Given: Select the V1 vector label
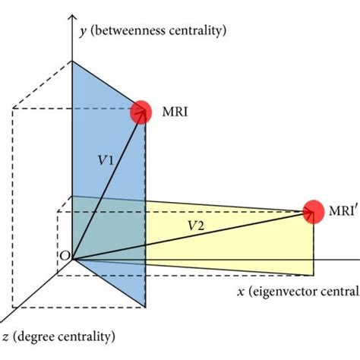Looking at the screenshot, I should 106,162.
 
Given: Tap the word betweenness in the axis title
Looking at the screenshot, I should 128,30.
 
